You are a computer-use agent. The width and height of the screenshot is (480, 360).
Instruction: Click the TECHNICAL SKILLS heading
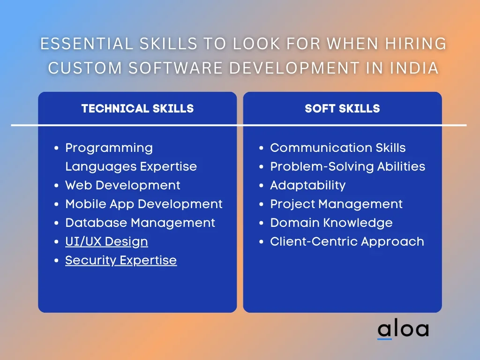(x=137, y=108)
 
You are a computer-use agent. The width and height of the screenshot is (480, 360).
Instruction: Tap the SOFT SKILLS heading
(x=342, y=108)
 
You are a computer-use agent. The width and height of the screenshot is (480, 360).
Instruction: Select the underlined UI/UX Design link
(x=106, y=242)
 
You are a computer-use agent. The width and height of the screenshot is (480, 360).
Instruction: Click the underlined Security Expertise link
(x=121, y=261)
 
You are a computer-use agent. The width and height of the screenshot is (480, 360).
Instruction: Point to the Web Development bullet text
(x=123, y=186)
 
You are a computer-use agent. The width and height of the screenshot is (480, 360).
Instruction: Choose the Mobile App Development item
(x=144, y=204)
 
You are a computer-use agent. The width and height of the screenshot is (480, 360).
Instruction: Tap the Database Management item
(x=140, y=223)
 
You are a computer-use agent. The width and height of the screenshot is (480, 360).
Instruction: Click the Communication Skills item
(x=337, y=148)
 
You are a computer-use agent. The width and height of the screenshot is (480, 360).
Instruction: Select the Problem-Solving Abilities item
(x=347, y=166)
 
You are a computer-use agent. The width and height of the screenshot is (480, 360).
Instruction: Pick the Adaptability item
(x=307, y=186)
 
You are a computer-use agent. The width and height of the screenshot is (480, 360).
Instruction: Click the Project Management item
(x=336, y=204)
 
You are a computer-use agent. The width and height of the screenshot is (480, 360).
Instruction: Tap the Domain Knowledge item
(x=331, y=223)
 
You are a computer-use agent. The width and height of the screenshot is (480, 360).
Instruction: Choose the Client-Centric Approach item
(x=347, y=242)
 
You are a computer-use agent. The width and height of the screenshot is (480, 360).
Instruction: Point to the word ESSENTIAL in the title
(x=87, y=44)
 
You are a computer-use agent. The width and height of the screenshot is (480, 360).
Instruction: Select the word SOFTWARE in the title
(x=175, y=68)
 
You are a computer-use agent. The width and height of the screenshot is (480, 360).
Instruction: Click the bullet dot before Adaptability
(x=261, y=186)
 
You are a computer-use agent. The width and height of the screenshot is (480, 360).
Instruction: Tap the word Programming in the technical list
(x=109, y=148)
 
